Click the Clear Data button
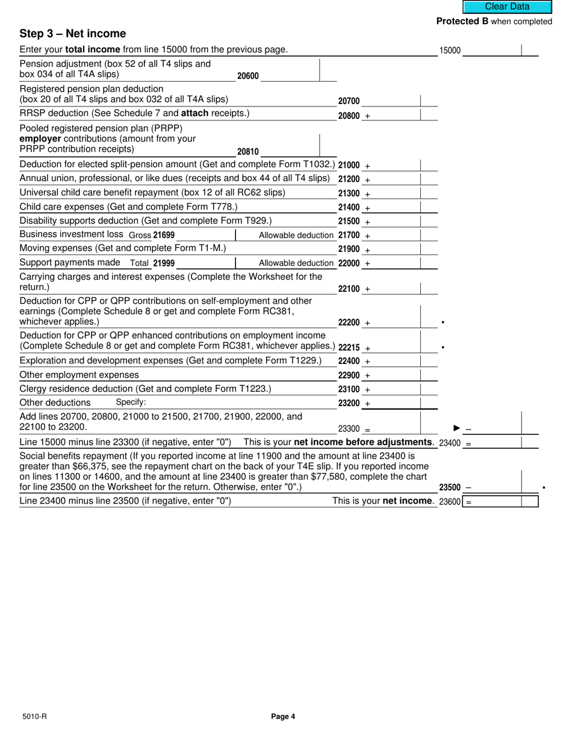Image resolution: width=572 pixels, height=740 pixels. tap(507, 7)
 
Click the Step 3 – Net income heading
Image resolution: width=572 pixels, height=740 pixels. tap(73, 34)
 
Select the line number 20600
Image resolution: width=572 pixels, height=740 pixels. tap(247, 76)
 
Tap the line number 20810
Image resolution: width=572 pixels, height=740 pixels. tap(247, 152)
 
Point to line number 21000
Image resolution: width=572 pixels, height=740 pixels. tap(349, 165)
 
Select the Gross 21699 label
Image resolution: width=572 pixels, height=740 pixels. tap(152, 235)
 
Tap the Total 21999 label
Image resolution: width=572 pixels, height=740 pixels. tap(152, 264)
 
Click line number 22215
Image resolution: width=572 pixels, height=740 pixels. tap(349, 348)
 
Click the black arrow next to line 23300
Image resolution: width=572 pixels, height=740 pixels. tap(456, 428)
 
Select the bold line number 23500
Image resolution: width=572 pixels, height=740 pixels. tap(450, 488)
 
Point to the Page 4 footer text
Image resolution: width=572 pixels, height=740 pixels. tap(283, 717)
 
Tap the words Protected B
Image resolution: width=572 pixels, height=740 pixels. tap(462, 22)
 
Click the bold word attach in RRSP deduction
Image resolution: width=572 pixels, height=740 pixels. tap(194, 114)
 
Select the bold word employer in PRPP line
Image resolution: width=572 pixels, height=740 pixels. tap(40, 139)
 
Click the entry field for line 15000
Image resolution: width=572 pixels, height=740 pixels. tap(491, 51)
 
